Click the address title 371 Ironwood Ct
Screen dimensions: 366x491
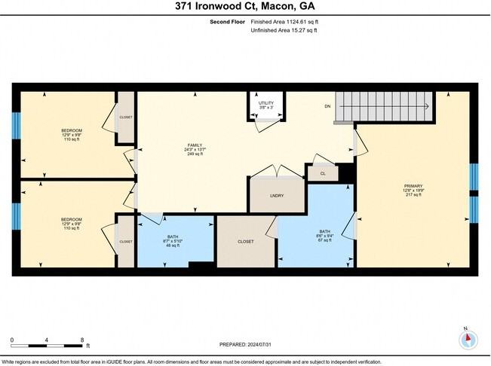(x=246, y=7)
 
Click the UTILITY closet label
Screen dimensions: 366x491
(x=265, y=105)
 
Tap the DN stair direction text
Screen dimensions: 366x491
(x=327, y=107)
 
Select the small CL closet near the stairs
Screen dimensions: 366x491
(x=321, y=173)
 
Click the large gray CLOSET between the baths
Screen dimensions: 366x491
(x=246, y=242)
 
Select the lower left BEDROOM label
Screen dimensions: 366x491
(x=71, y=224)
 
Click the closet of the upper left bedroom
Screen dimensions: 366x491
(x=125, y=117)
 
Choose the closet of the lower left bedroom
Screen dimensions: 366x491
(x=125, y=241)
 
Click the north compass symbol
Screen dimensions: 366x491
(x=468, y=339)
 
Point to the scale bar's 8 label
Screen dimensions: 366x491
(x=82, y=340)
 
